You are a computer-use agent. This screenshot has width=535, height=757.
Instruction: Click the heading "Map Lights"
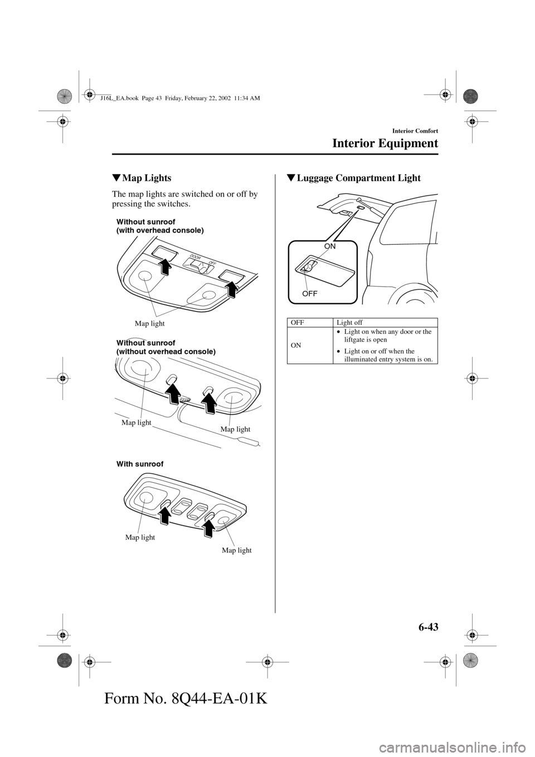pyautogui.click(x=147, y=178)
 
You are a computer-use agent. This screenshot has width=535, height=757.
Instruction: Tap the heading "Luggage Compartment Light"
pyautogui.click(x=358, y=178)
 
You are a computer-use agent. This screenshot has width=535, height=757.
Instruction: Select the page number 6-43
pyautogui.click(x=424, y=627)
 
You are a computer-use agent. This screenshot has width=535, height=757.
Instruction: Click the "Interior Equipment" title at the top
pyautogui.click(x=385, y=143)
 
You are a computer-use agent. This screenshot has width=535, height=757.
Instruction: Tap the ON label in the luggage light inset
pyautogui.click(x=330, y=246)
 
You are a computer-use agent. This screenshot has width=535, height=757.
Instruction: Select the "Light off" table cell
pyautogui.click(x=349, y=323)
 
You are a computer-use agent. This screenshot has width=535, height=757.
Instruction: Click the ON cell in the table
pyautogui.click(x=296, y=345)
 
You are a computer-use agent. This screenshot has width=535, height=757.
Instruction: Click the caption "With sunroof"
pyautogui.click(x=140, y=464)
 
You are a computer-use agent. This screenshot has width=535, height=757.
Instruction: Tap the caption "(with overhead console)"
pyautogui.click(x=160, y=230)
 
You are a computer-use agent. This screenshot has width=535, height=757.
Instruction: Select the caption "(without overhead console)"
pyautogui.click(x=166, y=352)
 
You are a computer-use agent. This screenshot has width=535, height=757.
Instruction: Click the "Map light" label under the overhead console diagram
pyautogui.click(x=150, y=323)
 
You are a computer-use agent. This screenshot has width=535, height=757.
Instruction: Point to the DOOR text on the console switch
pyautogui.click(x=194, y=257)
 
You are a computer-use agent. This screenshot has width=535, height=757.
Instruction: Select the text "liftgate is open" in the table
pyautogui.click(x=365, y=339)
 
